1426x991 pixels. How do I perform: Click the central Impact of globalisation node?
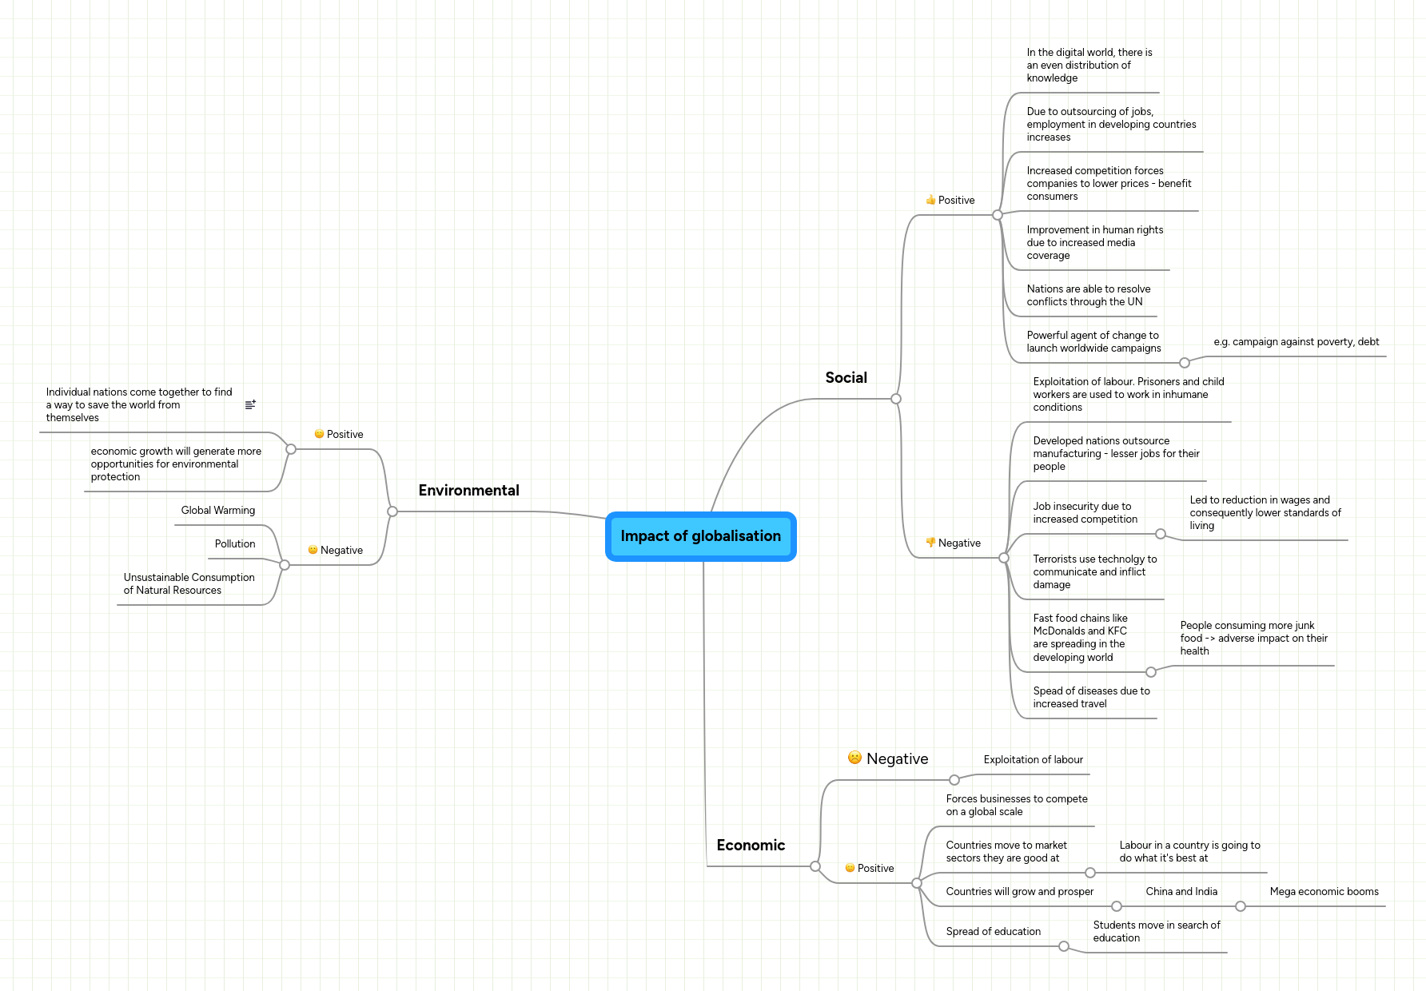pyautogui.click(x=700, y=536)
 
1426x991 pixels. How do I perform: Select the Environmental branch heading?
pyautogui.click(x=468, y=491)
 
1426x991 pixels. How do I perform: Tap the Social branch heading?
pyautogui.click(x=846, y=378)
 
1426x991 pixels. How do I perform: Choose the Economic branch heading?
pyautogui.click(x=751, y=846)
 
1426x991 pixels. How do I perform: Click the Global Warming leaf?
pyautogui.click(x=217, y=511)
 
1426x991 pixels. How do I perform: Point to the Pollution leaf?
pyautogui.click(x=234, y=544)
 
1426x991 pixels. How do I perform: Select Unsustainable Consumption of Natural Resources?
pyautogui.click(x=189, y=584)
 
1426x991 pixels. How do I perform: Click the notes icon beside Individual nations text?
pyautogui.click(x=250, y=405)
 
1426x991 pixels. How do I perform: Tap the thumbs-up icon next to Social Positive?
pyautogui.click(x=930, y=201)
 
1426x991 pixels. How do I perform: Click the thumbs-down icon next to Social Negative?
pyautogui.click(x=930, y=543)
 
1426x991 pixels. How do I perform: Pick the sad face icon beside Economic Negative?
pyautogui.click(x=854, y=758)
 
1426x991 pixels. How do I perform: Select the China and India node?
pyautogui.click(x=1181, y=892)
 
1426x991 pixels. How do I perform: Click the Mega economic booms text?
pyautogui.click(x=1324, y=892)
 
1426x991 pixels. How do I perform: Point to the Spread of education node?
pyautogui.click(x=993, y=932)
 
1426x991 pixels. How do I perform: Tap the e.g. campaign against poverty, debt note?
pyautogui.click(x=1296, y=342)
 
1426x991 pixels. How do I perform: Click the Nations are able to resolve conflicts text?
pyautogui.click(x=1088, y=296)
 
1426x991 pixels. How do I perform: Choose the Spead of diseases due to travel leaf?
pyautogui.click(x=1090, y=698)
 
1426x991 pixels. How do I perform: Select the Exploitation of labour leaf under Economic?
pyautogui.click(x=1033, y=760)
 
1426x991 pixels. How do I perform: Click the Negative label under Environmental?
pyautogui.click(x=341, y=551)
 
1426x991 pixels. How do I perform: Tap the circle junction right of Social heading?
pyautogui.click(x=896, y=399)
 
